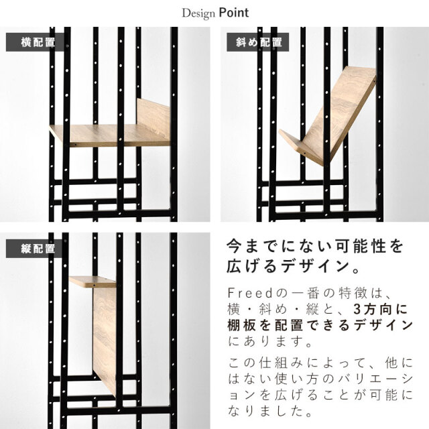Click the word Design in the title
point(198,13)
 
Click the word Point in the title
point(234,13)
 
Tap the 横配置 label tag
point(36,42)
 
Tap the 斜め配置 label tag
point(257,42)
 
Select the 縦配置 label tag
point(34,249)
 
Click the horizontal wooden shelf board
point(109,135)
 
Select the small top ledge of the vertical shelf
point(93,282)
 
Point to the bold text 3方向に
point(381,309)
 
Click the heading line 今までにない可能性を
point(314,246)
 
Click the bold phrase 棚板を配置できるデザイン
point(320,325)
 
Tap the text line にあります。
point(269,341)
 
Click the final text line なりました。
point(269,411)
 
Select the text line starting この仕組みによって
point(320,363)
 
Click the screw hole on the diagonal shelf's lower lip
point(305,154)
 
